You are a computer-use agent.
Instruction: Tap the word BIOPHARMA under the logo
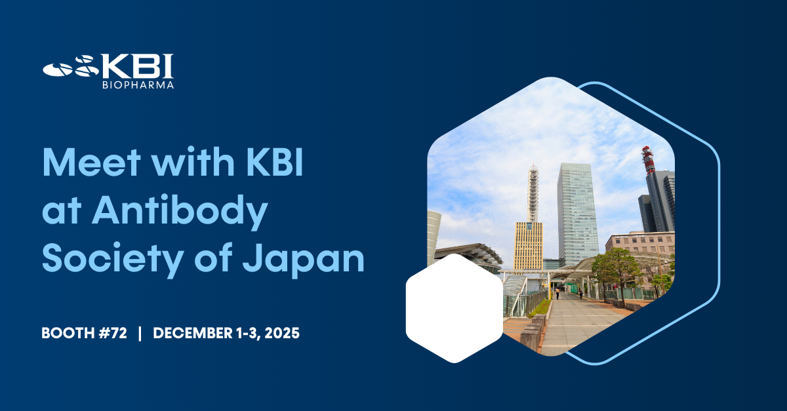pyautogui.click(x=138, y=85)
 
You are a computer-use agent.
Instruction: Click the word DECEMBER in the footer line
pyautogui.click(x=190, y=333)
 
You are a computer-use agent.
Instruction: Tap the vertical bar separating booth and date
pyautogui.click(x=140, y=333)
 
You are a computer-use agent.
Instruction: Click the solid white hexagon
pyautogui.click(x=454, y=308)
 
